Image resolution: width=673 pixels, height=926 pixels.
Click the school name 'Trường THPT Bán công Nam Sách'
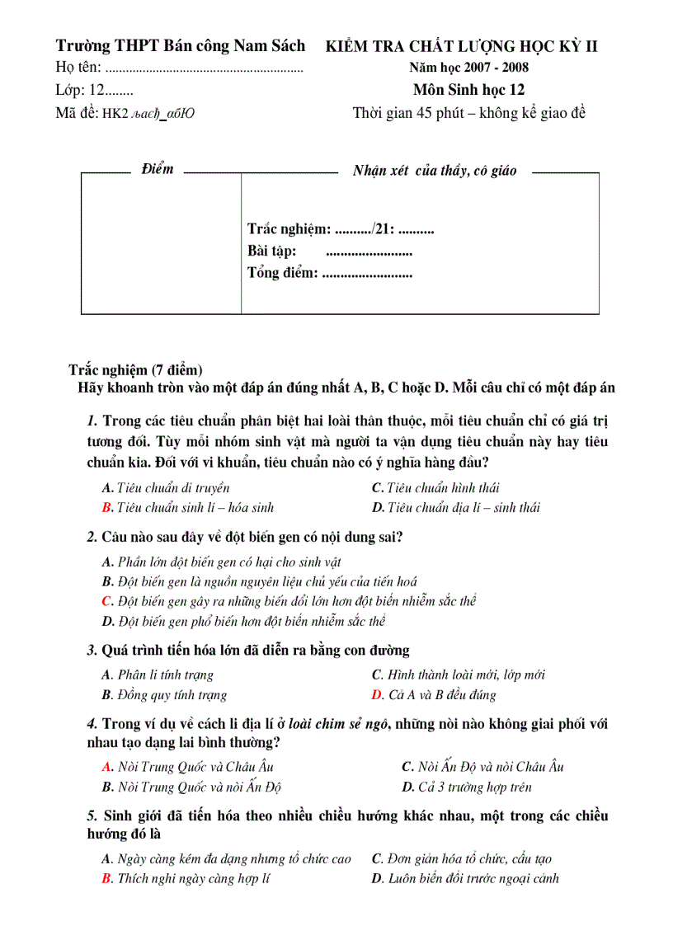pos(180,45)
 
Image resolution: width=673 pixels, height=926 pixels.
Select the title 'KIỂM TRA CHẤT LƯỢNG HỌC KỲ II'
pos(462,46)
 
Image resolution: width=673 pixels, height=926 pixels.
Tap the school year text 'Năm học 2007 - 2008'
pos(468,68)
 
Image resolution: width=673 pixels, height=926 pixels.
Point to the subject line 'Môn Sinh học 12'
pos(468,91)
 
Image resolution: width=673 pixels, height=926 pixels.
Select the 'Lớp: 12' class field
pos(94,91)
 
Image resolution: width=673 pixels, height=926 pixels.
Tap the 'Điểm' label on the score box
pos(157,169)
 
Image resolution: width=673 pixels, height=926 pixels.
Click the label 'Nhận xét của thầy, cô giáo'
pos(435,171)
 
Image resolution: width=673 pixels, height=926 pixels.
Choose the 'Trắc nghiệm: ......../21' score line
pos(340,230)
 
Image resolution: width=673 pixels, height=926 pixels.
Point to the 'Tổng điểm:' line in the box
pos(329,273)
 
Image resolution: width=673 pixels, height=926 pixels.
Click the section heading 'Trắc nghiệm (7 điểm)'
pos(135,370)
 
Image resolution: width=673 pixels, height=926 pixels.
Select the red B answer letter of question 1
pos(107,508)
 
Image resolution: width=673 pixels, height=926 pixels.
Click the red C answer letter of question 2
pos(107,601)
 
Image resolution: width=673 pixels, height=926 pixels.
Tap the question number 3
pos(92,651)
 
